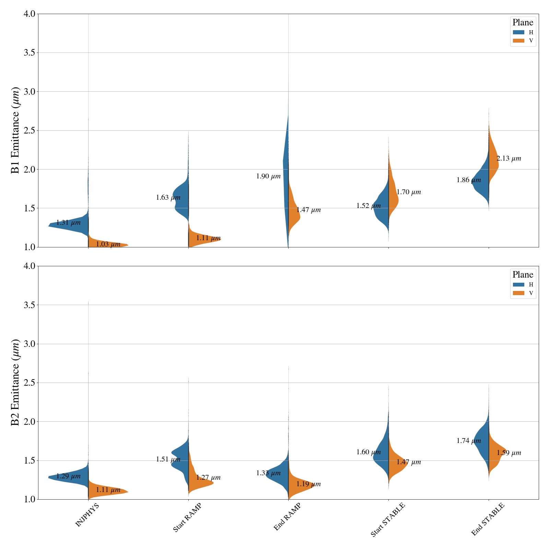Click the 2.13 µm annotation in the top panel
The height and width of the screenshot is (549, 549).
click(509, 159)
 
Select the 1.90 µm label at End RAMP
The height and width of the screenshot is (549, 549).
click(268, 177)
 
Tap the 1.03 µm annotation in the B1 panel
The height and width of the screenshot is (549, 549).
click(108, 244)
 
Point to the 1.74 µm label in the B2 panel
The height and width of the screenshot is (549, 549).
click(469, 441)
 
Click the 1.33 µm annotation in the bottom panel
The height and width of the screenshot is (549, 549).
click(268, 473)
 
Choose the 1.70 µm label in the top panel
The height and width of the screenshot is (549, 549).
click(409, 192)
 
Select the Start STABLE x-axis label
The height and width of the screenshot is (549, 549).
click(388, 519)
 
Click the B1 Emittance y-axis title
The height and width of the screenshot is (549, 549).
click(15, 130)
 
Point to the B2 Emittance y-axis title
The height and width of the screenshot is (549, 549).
click(15, 383)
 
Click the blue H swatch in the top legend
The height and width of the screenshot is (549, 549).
click(518, 32)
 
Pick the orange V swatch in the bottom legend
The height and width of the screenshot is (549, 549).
click(518, 293)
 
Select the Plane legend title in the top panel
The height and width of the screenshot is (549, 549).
click(523, 23)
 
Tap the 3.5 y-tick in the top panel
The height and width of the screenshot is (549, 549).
click(29, 53)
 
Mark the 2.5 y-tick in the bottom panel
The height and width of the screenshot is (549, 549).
click(29, 383)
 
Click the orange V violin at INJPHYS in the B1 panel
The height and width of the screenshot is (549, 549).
click(106, 242)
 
